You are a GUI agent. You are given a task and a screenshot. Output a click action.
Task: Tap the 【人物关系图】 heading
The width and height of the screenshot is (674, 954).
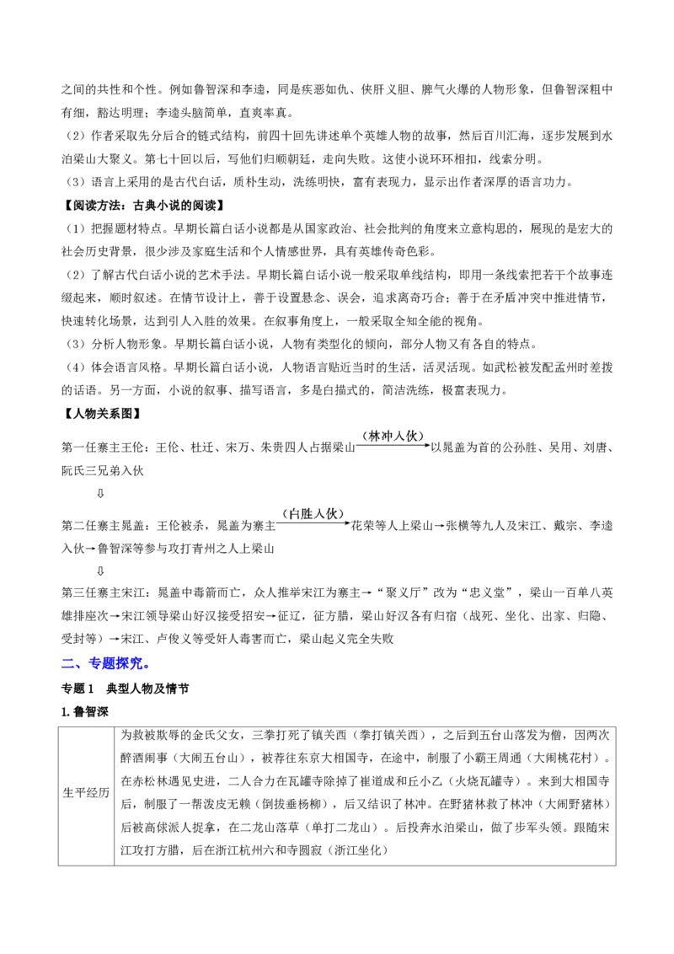pyautogui.click(x=102, y=414)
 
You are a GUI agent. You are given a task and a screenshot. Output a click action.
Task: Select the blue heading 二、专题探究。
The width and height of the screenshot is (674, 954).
pyautogui.click(x=106, y=662)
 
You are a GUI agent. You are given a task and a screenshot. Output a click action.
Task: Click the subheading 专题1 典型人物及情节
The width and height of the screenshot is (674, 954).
pyautogui.click(x=126, y=689)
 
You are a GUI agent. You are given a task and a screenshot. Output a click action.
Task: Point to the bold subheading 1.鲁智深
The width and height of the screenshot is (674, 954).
pyautogui.click(x=85, y=712)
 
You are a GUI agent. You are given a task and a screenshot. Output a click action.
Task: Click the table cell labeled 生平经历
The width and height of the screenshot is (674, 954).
pyautogui.click(x=86, y=793)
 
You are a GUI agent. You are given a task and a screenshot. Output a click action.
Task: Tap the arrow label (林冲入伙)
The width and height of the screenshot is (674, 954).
pyautogui.click(x=393, y=437)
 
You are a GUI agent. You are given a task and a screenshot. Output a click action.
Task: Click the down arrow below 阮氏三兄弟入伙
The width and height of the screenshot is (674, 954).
pyautogui.click(x=100, y=493)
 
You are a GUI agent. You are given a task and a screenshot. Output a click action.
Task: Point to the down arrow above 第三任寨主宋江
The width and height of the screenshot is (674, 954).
pyautogui.click(x=100, y=571)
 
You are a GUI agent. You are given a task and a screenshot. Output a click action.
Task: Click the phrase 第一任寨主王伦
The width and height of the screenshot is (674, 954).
pyautogui.click(x=103, y=448)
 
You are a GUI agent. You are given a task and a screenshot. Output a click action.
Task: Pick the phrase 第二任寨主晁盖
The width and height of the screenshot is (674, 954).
pyautogui.click(x=103, y=526)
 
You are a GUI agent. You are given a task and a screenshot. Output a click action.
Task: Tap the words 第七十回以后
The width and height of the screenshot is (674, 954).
pyautogui.click(x=180, y=159)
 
